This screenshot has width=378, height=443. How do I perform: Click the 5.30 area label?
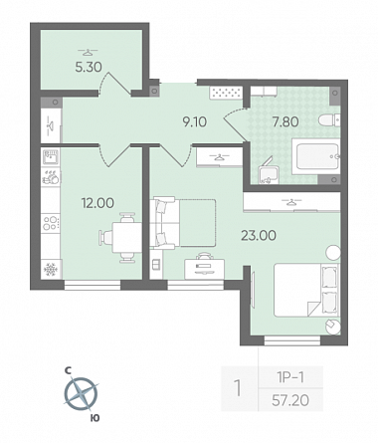89,68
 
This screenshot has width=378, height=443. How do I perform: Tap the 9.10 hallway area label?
195,122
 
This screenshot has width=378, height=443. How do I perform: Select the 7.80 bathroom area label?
285,122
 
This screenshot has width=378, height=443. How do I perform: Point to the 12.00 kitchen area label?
97,203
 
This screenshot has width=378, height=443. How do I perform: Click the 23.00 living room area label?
259,236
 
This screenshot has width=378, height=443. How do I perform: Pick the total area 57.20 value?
290,400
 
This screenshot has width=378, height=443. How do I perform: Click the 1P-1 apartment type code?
290,377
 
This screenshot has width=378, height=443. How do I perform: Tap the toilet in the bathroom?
329,120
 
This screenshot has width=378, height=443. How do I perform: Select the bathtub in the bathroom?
316,156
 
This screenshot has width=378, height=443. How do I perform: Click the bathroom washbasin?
268,173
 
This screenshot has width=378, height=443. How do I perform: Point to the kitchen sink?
51,157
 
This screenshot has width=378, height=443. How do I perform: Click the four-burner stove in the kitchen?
51,222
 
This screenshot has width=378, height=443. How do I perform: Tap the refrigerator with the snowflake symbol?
51,269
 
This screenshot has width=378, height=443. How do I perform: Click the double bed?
305,290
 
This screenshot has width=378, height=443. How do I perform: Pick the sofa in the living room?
182,222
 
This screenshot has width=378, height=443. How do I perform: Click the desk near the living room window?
204,269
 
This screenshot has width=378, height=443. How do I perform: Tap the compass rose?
81,394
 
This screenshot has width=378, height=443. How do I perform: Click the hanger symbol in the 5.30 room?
88,52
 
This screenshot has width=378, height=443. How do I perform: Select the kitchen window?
93,285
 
